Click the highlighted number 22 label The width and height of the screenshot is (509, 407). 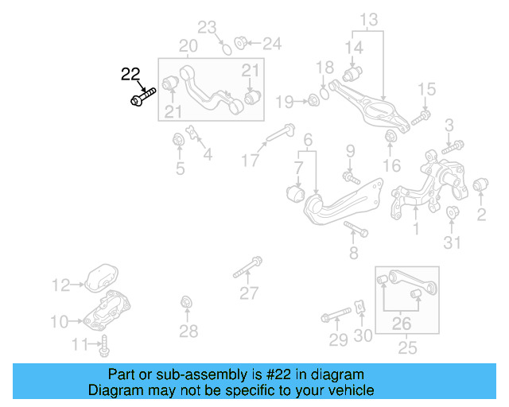click(x=130, y=75)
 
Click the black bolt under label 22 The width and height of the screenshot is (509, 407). click(x=143, y=99)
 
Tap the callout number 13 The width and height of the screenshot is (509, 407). click(x=370, y=18)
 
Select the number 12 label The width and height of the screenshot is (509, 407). click(x=61, y=284)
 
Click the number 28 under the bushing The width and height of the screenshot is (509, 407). click(x=188, y=331)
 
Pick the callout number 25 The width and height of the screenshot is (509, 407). click(x=407, y=347)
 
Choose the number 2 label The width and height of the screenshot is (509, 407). click(x=481, y=214)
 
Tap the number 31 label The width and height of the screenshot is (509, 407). click(x=453, y=243)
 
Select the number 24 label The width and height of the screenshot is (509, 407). click(x=271, y=43)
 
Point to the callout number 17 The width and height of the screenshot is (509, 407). click(x=251, y=161)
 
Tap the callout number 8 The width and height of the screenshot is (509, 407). click(x=354, y=253)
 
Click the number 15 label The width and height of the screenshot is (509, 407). click(x=427, y=89)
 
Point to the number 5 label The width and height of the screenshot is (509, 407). click(x=181, y=168)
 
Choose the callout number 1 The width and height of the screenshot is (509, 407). click(x=415, y=230)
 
